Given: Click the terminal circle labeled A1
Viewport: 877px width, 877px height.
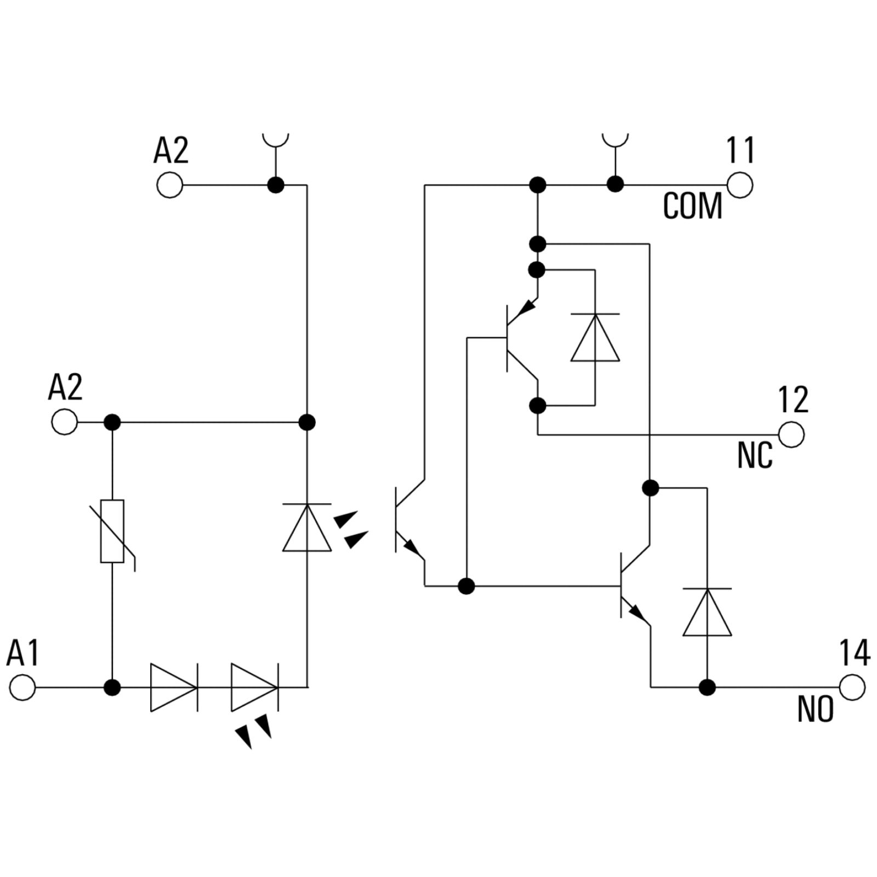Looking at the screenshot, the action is pos(22,687).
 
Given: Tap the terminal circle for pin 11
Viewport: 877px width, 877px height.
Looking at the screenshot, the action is pos(739,185).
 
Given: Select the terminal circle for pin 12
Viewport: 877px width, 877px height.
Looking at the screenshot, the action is pos(791,435).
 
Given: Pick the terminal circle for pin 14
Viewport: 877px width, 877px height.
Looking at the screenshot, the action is pos(852,687).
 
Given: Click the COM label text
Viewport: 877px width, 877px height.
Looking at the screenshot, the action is pos(693,206).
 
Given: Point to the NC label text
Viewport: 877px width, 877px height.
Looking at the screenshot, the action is pos(755,455).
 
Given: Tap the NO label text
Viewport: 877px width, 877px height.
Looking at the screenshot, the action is pos(816,709).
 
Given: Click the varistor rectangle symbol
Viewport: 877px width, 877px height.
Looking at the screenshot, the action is pos(112,531).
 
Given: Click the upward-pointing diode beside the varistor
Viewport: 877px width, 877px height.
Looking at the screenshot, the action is pos(307,527).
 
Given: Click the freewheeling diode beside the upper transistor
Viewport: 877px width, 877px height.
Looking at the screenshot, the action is pos(595,338).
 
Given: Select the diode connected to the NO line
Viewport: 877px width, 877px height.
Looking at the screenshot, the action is pos(707,612).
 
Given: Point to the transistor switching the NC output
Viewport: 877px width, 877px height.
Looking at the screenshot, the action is pos(521,338).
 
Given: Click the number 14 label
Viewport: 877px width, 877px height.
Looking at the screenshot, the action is pos(855,653).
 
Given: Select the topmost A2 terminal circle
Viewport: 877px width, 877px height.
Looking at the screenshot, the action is pos(170,185).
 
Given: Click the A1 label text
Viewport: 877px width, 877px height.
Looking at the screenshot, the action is pos(23,653).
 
